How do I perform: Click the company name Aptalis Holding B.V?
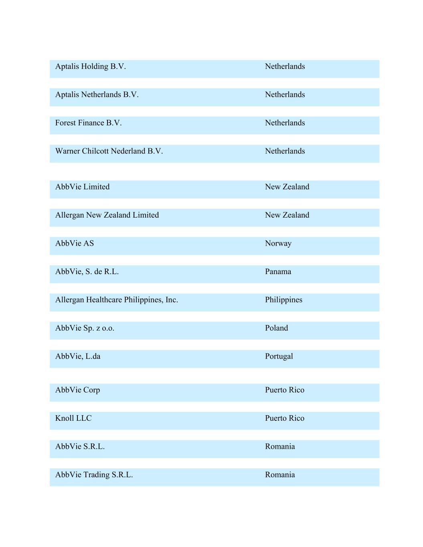pyautogui.click(x=90, y=67)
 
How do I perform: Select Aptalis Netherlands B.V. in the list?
pyautogui.click(x=97, y=95)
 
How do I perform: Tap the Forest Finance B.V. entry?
pyautogui.click(x=88, y=123)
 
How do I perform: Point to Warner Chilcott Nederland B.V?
pyautogui.click(x=109, y=151)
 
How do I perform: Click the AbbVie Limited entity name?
pyautogui.click(x=82, y=187)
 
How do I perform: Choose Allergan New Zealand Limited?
pyautogui.click(x=107, y=215)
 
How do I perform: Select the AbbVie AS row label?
pyautogui.click(x=74, y=243)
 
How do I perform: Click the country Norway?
pyautogui.click(x=278, y=243)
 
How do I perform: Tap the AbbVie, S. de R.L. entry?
pyautogui.click(x=87, y=272)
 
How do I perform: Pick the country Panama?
pyautogui.click(x=278, y=272)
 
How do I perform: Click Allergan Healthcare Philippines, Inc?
pyautogui.click(x=116, y=300)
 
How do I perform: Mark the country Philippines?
pyautogui.click(x=283, y=300)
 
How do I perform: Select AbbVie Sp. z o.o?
pyautogui.click(x=85, y=328)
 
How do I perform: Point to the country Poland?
pyautogui.click(x=276, y=328)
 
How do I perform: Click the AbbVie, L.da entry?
pyautogui.click(x=77, y=356)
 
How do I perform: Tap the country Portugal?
pyautogui.click(x=279, y=356)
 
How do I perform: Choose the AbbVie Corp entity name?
pyautogui.click(x=77, y=390)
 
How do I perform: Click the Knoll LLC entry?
pyautogui.click(x=73, y=418)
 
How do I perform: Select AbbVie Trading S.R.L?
pyautogui.click(x=94, y=475)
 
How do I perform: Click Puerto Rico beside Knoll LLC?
pyautogui.click(x=284, y=418)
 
